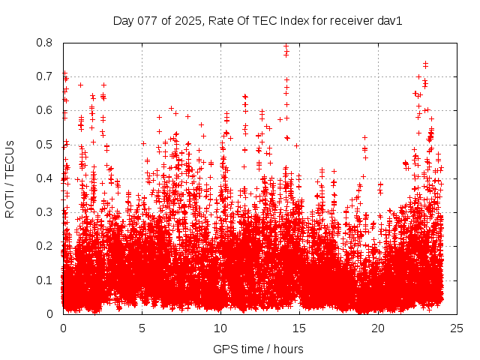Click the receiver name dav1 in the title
[x=390, y=21]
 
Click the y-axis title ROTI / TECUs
[x=10, y=178]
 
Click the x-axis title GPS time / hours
[x=258, y=349]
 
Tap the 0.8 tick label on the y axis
[x=45, y=43]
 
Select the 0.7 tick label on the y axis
[x=45, y=76]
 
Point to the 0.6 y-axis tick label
[x=45, y=110]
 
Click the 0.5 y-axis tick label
[x=45, y=145]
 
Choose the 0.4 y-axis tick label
[x=45, y=178]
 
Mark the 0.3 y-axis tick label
[x=45, y=212]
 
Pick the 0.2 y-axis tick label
[x=45, y=246]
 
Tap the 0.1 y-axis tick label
[x=45, y=280]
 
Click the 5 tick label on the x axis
[x=142, y=328]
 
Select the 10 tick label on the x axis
[x=220, y=328]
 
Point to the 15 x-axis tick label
[x=299, y=328]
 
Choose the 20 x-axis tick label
[x=378, y=328]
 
